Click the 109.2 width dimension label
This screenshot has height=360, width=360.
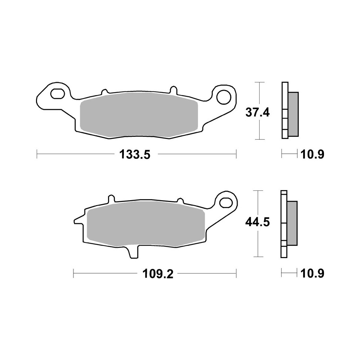click(158, 274)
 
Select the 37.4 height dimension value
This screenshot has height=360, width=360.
click(257, 113)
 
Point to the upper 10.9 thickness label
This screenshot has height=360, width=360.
click(312, 155)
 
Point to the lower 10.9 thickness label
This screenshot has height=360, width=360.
click(312, 274)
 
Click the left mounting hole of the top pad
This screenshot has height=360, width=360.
click(57, 94)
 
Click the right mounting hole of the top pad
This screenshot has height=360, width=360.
click(224, 96)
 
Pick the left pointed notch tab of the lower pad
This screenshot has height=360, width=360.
click(78, 220)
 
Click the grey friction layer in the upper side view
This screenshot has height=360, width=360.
click(293, 114)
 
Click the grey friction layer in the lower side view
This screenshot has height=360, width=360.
click(292, 223)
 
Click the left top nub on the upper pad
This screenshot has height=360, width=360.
click(104, 92)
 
